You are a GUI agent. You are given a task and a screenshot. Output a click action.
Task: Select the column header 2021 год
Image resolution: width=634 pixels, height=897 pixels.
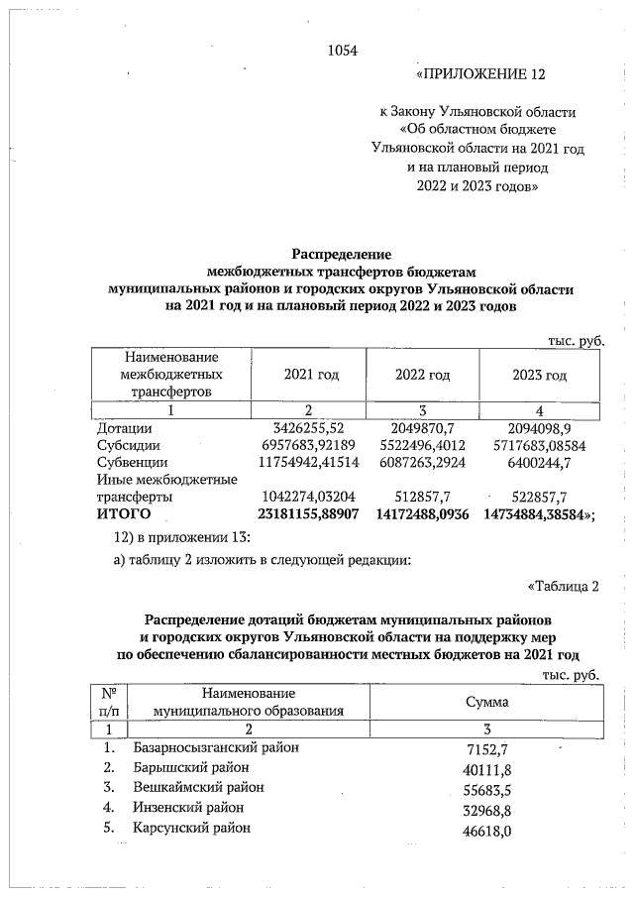[312, 375]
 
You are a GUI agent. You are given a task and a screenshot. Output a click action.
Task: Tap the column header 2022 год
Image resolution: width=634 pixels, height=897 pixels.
[423, 375]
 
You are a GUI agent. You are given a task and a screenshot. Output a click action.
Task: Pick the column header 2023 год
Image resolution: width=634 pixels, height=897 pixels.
[539, 375]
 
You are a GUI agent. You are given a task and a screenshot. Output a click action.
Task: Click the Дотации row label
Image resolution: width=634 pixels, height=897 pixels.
[124, 427]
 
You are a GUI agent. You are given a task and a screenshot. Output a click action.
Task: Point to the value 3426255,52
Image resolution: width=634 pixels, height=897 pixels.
[314, 427]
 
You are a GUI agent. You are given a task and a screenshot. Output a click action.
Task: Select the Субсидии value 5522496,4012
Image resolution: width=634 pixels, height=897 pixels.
[425, 445]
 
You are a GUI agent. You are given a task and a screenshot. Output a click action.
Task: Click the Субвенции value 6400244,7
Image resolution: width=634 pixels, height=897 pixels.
[554, 462]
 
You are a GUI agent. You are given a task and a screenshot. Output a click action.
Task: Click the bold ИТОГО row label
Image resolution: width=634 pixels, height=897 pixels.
[123, 513]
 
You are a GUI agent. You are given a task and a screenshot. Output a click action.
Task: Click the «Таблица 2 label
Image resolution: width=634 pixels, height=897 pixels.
[563, 587]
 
